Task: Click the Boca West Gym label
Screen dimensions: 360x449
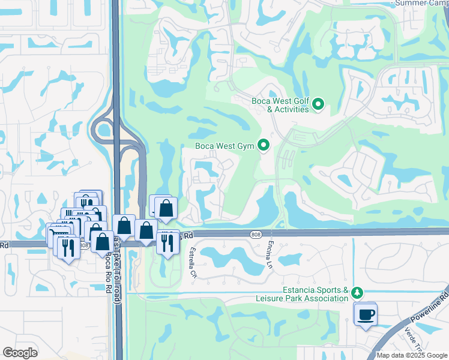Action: (224, 146)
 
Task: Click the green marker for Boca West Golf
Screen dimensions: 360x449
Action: (319, 105)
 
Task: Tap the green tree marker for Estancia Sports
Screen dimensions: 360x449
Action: (358, 293)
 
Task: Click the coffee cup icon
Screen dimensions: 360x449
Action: (365, 314)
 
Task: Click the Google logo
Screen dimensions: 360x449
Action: (20, 353)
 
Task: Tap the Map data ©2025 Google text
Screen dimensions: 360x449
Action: (411, 355)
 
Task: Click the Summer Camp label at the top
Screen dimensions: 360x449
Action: (420, 3)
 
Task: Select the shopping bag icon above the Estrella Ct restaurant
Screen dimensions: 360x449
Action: (167, 209)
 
